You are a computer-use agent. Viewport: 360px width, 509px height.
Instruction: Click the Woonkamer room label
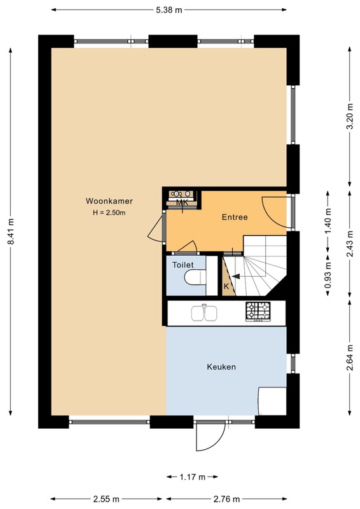[x=109, y=201]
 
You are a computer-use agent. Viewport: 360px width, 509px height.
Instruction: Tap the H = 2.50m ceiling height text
[x=109, y=213]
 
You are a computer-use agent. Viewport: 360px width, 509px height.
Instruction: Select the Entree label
[x=235, y=217]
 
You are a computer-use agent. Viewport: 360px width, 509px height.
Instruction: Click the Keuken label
[x=221, y=367]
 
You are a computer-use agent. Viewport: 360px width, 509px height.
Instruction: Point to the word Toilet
[x=183, y=265]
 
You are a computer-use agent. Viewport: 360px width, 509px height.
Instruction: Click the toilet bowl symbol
[x=195, y=277]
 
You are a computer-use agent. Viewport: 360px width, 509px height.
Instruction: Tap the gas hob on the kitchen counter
[x=258, y=312]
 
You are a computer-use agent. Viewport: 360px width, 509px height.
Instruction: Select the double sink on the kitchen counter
[x=204, y=313]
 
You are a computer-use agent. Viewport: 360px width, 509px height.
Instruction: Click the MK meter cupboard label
[x=182, y=202]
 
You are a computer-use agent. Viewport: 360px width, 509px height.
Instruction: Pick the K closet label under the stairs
[x=226, y=286]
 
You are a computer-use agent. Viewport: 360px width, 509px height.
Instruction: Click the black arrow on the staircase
[x=235, y=276]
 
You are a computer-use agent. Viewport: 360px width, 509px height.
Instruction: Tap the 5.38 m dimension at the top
[x=169, y=10]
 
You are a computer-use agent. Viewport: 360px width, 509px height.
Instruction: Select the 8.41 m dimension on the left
[x=10, y=232]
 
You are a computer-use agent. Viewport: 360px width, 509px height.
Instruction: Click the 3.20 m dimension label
[x=350, y=116]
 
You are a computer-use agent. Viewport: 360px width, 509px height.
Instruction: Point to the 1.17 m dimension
[x=193, y=477]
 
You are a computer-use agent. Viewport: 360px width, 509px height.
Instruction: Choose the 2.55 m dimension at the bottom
[x=106, y=499]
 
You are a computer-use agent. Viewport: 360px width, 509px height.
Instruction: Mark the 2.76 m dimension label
[x=226, y=499]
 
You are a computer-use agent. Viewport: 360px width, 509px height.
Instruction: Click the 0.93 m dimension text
[x=328, y=275]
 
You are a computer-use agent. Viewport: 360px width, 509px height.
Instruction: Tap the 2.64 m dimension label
[x=350, y=358]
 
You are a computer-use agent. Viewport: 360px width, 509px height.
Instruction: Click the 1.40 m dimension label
[x=328, y=221]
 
